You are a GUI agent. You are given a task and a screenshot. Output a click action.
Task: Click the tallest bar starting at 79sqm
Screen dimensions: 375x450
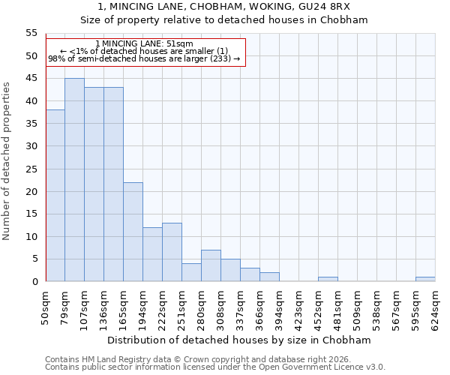pos(74,180)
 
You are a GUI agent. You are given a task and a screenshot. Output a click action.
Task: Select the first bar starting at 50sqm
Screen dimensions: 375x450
pos(55,196)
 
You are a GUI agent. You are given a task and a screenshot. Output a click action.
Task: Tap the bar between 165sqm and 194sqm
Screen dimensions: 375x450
pos(133,232)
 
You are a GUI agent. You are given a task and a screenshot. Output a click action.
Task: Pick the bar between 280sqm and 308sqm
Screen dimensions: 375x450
pos(211,265)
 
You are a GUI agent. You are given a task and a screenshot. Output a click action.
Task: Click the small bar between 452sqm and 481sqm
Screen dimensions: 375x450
pos(328,279)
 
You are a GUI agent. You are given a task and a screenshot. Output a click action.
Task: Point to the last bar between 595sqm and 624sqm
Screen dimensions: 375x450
pos(425,279)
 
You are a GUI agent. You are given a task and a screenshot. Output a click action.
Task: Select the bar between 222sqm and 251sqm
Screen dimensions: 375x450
pos(172,252)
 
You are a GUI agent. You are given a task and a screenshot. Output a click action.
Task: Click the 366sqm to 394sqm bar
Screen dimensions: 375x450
pos(269,277)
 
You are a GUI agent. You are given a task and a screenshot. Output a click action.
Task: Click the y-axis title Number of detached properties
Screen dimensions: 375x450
pos(7,161)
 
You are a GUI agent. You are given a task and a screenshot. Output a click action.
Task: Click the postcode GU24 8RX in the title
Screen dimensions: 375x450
pos(328,7)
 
